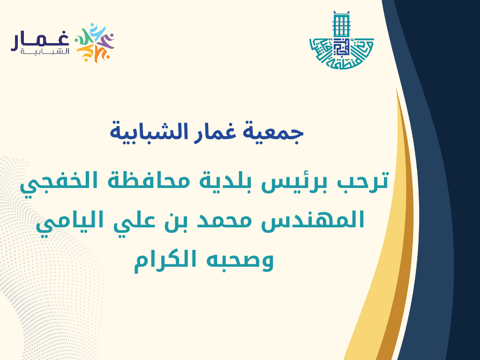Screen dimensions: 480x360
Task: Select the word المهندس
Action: pyautogui.click(x=312, y=219)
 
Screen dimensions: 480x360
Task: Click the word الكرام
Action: pyautogui.click(x=165, y=260)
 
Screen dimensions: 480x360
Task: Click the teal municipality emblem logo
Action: pyautogui.click(x=341, y=40)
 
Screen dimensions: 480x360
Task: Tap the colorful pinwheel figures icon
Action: pyautogui.click(x=95, y=43)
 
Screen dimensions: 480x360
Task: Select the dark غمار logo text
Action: pyautogui.click(x=40, y=41)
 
